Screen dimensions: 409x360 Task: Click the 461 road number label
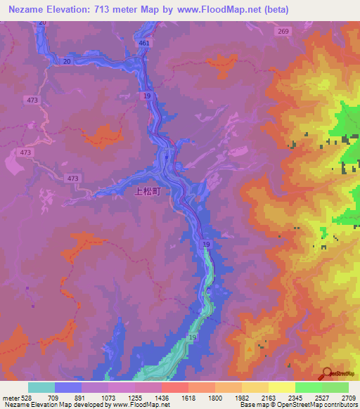(x=144, y=44)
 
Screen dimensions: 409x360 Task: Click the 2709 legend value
(x=349, y=397)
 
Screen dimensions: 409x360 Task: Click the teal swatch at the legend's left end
(x=41, y=387)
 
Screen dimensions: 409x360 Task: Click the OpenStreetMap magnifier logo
(x=327, y=373)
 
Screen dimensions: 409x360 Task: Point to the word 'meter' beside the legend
(x=11, y=397)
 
